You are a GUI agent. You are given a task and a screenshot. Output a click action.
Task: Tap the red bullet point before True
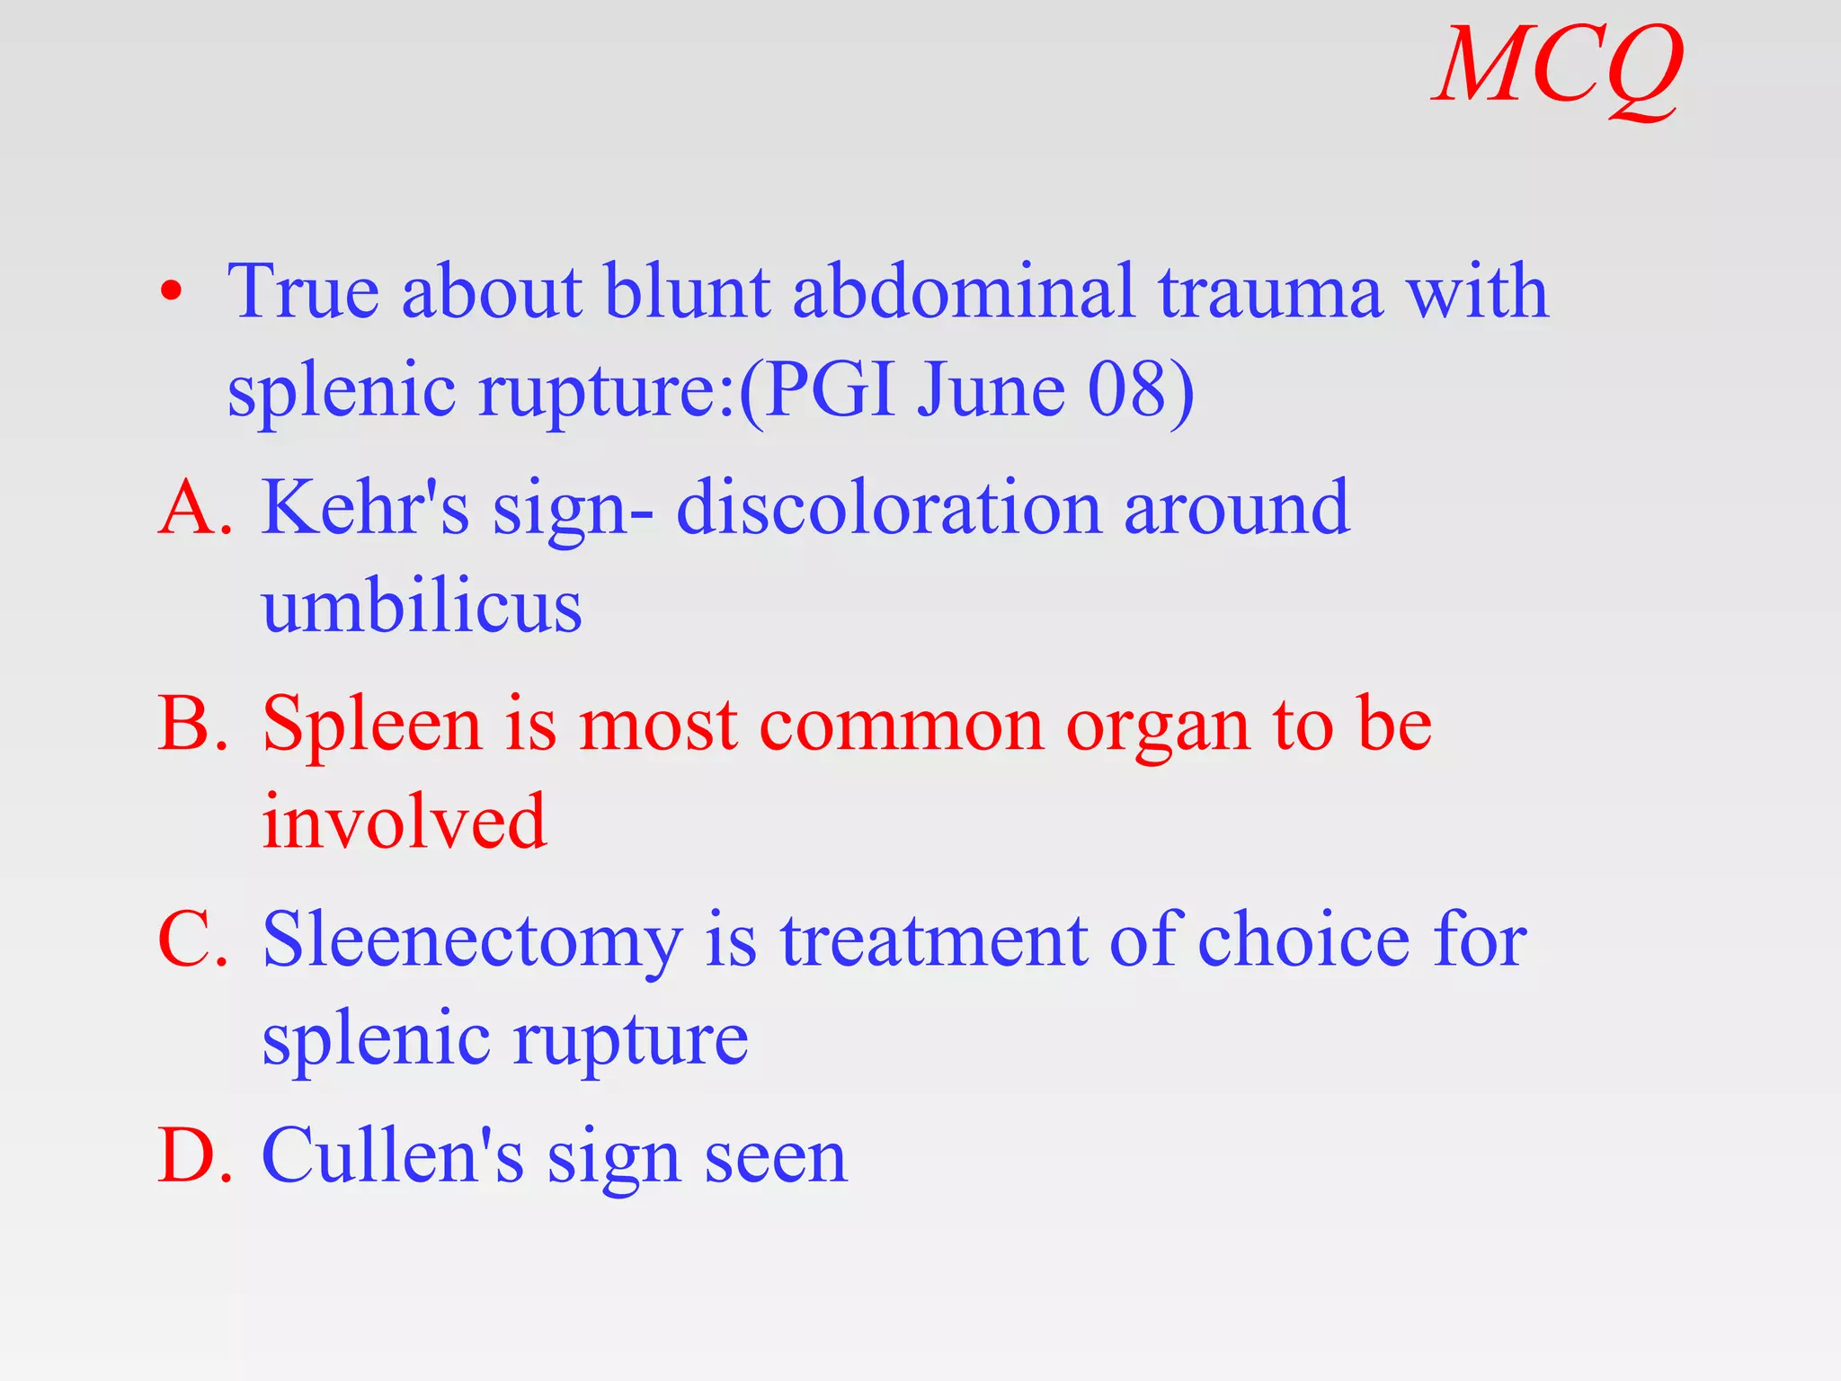tap(171, 292)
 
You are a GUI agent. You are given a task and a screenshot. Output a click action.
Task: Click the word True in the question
tap(303, 292)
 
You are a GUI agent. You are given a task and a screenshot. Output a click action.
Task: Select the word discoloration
tap(889, 508)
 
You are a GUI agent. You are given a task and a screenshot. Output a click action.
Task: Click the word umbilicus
tap(422, 607)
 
